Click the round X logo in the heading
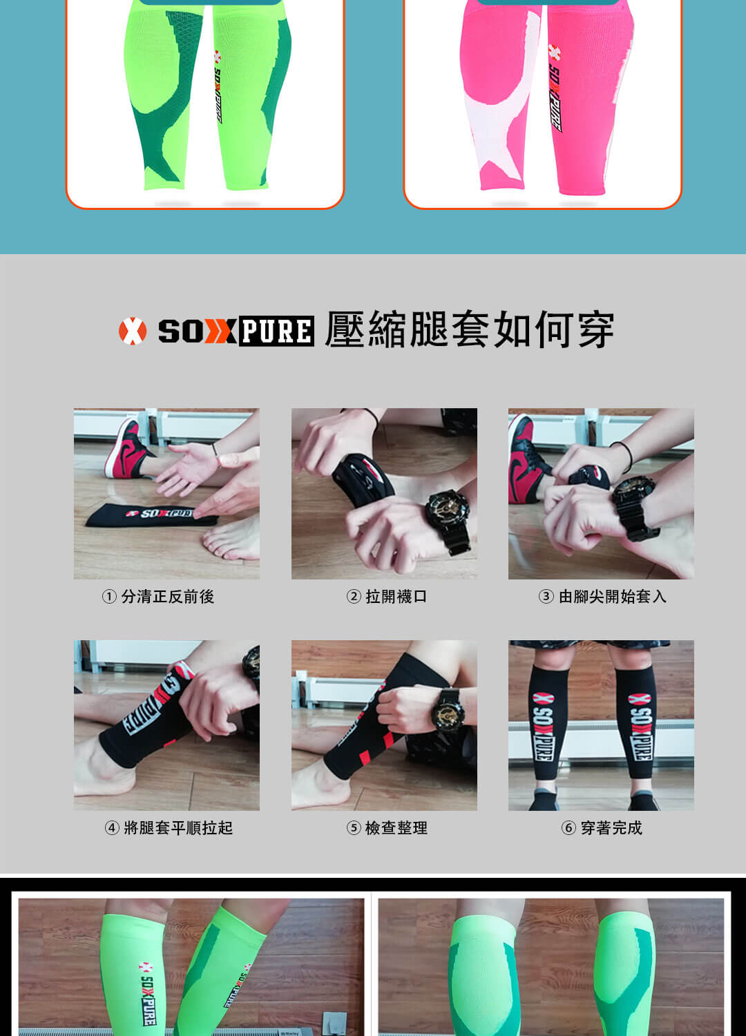click(x=133, y=331)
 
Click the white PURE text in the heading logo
click(x=276, y=331)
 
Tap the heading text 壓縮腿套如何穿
click(x=470, y=330)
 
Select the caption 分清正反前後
click(x=167, y=597)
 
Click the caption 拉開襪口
click(x=396, y=597)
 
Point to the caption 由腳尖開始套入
click(x=612, y=597)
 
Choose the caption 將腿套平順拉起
click(x=178, y=828)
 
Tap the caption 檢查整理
click(x=396, y=828)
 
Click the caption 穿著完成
click(x=611, y=828)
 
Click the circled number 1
click(x=109, y=597)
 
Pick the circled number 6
click(x=568, y=828)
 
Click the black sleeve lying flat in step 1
click(x=152, y=515)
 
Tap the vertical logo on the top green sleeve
click(x=218, y=87)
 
